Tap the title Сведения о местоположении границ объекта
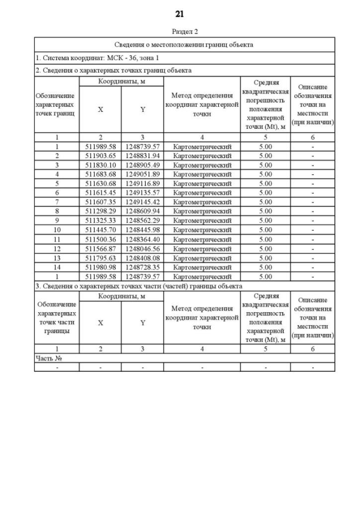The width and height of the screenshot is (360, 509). point(184,44)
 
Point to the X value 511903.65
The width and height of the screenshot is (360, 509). point(100,155)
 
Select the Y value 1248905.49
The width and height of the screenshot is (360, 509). point(142,165)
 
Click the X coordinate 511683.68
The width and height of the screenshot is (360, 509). point(100,174)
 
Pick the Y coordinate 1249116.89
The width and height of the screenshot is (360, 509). point(142,183)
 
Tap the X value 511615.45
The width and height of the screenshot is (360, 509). point(100,192)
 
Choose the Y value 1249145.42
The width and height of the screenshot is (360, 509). point(142,202)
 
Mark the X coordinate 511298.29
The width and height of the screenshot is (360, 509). point(100,211)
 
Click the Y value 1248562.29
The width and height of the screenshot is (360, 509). point(142,220)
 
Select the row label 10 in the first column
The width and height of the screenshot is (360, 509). point(57,229)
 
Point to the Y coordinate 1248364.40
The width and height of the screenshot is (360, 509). point(142,239)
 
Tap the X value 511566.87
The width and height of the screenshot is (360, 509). point(100,248)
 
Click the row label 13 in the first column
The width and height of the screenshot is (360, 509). point(57,258)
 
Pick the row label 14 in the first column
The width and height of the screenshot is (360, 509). point(57,267)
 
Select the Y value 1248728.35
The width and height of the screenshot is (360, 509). point(142,267)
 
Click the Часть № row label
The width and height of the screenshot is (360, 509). point(48,358)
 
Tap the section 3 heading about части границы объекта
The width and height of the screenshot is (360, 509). point(138,286)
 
